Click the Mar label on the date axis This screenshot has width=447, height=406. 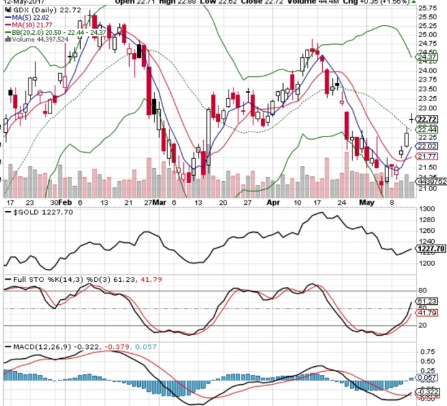(x=160, y=202)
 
